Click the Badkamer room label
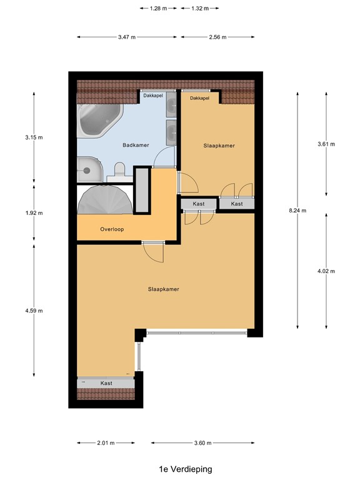point(135,145)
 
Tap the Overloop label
point(112,229)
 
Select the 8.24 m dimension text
point(297,211)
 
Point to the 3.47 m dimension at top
point(127,37)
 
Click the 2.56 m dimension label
point(218,37)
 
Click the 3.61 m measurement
point(326,144)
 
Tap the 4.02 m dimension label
point(326,271)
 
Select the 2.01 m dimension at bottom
point(105,443)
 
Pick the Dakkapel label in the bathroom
point(153,96)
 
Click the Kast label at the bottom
point(106,382)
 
